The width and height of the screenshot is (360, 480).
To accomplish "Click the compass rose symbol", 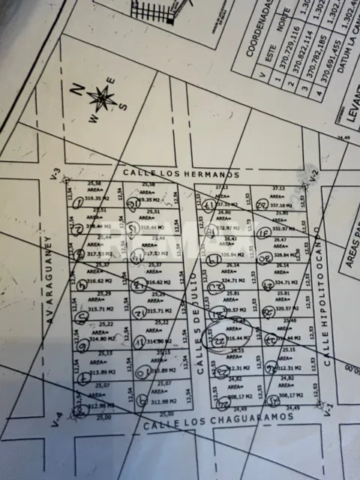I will pyautogui.click(x=100, y=97).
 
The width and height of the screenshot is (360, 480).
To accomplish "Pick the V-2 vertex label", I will pyautogui.click(x=315, y=177).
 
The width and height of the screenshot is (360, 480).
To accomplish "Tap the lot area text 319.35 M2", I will pyautogui.click(x=96, y=199).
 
